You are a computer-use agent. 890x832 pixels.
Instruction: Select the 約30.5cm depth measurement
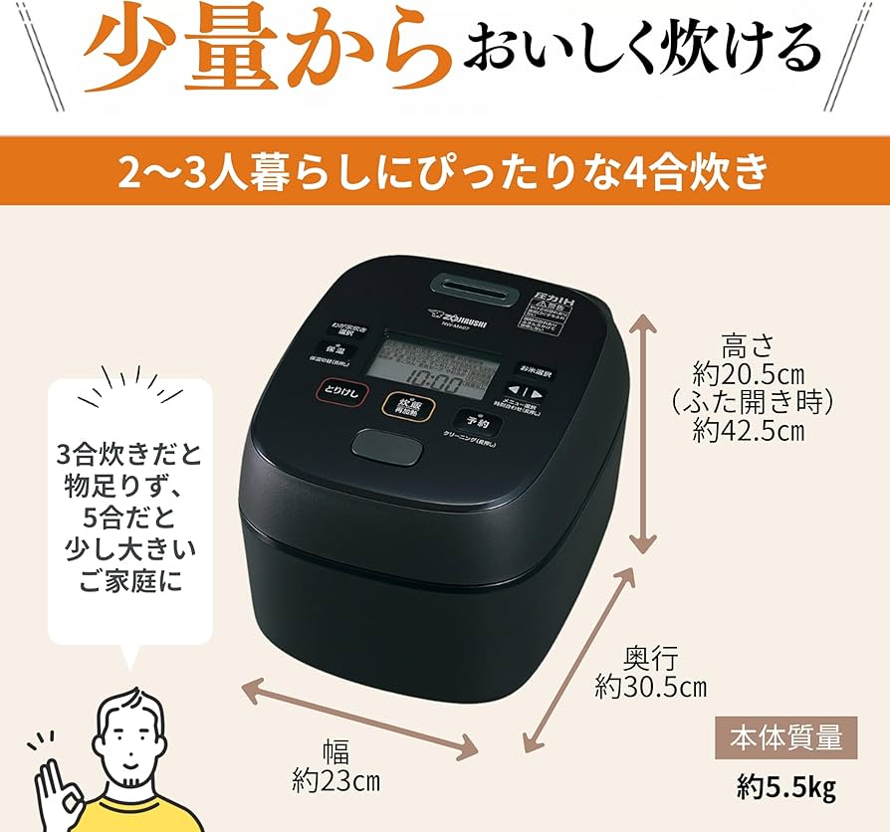652,686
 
